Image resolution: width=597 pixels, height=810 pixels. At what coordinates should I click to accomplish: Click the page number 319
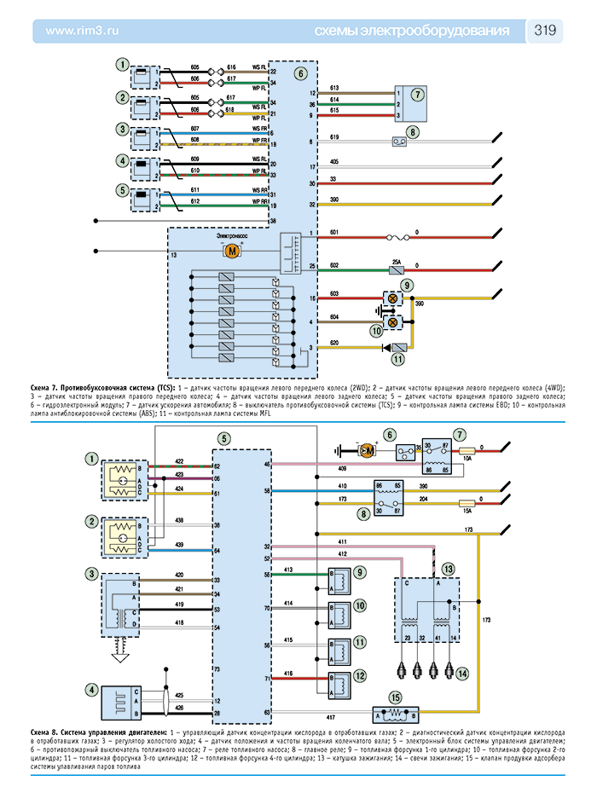pyautogui.click(x=546, y=31)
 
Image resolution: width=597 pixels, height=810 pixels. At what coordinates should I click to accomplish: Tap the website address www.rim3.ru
pyautogui.click(x=80, y=32)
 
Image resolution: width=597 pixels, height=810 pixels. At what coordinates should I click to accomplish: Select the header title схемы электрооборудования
pyautogui.click(x=412, y=32)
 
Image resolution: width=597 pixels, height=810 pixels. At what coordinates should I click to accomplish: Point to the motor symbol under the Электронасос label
pyautogui.click(x=231, y=251)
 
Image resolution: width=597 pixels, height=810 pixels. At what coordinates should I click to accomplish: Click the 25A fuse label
pyautogui.click(x=396, y=261)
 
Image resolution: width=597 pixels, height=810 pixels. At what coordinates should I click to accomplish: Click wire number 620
pyautogui.click(x=335, y=342)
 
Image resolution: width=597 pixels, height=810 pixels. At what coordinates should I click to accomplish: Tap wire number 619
pyautogui.click(x=334, y=137)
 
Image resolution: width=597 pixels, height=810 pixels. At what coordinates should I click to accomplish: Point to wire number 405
pyautogui.click(x=334, y=161)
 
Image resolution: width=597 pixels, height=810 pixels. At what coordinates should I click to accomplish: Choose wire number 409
pyautogui.click(x=342, y=468)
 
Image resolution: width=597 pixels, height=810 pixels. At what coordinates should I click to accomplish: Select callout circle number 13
pyautogui.click(x=449, y=567)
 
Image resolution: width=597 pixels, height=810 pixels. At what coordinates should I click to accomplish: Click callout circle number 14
pyautogui.click(x=461, y=674)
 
